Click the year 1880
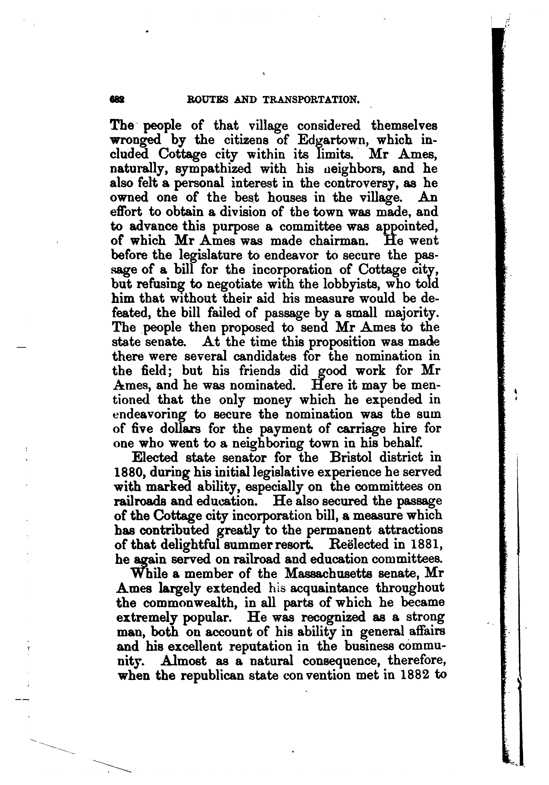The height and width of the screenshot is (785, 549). pos(127,472)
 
